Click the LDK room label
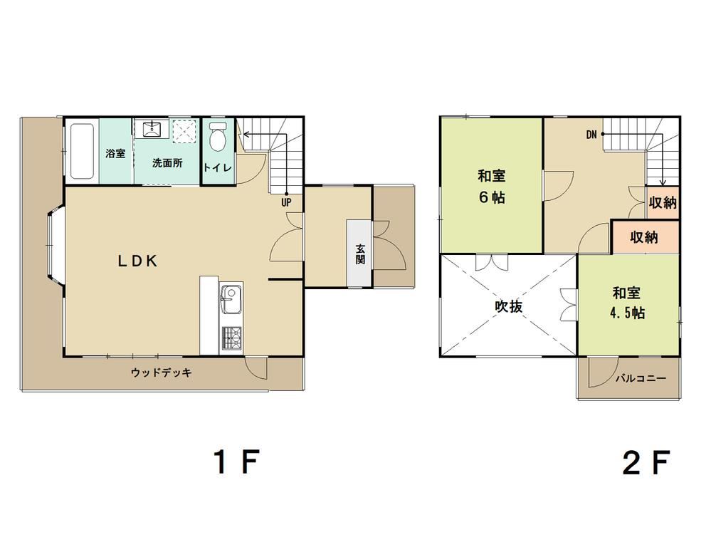point(138,261)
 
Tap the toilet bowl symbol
point(218,135)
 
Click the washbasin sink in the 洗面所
point(152,128)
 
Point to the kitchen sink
point(231,300)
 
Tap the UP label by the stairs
point(286,202)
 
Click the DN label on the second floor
point(591,135)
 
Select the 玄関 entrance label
point(360,254)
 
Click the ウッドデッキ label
point(162,373)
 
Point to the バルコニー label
point(641,379)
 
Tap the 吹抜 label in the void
point(508,307)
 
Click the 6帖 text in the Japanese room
point(492,198)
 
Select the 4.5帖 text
point(627,313)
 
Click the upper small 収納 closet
point(663,202)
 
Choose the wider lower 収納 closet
point(645,237)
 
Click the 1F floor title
point(236,462)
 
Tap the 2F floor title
point(646,462)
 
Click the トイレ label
point(218,168)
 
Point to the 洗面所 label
point(167,163)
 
